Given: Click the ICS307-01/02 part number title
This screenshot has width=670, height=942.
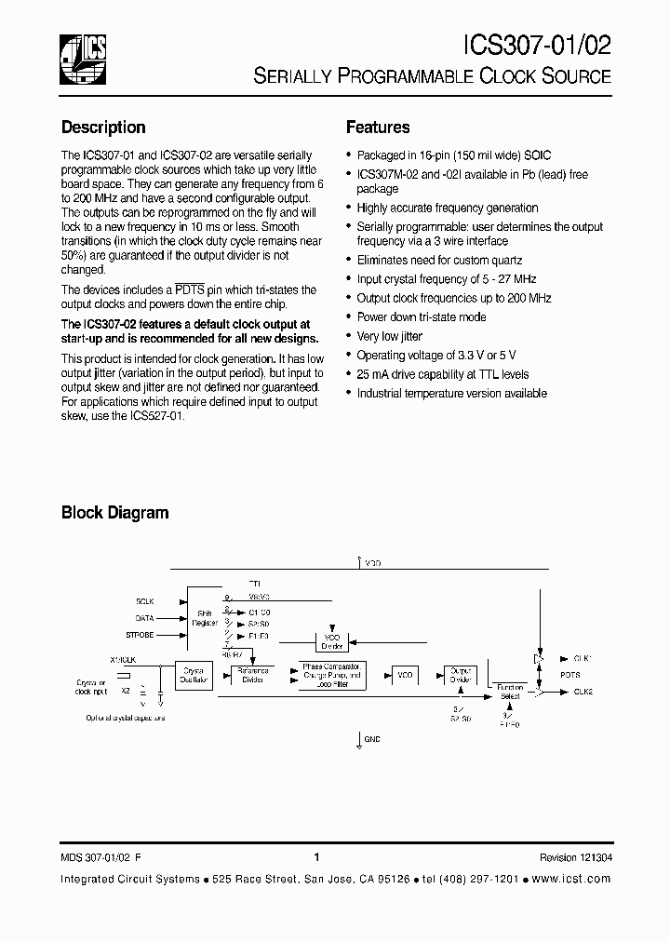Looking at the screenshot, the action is tap(537, 46).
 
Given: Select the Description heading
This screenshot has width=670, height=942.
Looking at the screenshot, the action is tap(103, 128).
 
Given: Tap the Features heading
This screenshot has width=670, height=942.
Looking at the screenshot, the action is tap(378, 128).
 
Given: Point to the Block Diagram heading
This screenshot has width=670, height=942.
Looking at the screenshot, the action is tap(114, 513).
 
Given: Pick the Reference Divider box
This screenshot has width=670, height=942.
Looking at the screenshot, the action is tap(252, 675).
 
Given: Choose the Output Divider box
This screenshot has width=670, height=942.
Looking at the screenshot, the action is tap(461, 675).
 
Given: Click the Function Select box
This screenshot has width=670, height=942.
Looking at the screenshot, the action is tap(510, 691).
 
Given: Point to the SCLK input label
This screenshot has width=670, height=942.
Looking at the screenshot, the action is tap(145, 601).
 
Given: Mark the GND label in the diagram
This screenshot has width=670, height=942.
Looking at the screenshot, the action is tap(372, 739).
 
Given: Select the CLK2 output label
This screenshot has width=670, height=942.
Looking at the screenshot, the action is tap(583, 692).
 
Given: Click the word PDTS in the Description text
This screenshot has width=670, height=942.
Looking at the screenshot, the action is tap(190, 290).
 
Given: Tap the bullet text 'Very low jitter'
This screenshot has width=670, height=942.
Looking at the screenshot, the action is tap(390, 336).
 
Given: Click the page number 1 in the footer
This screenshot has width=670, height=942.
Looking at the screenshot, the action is tap(317, 857).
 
